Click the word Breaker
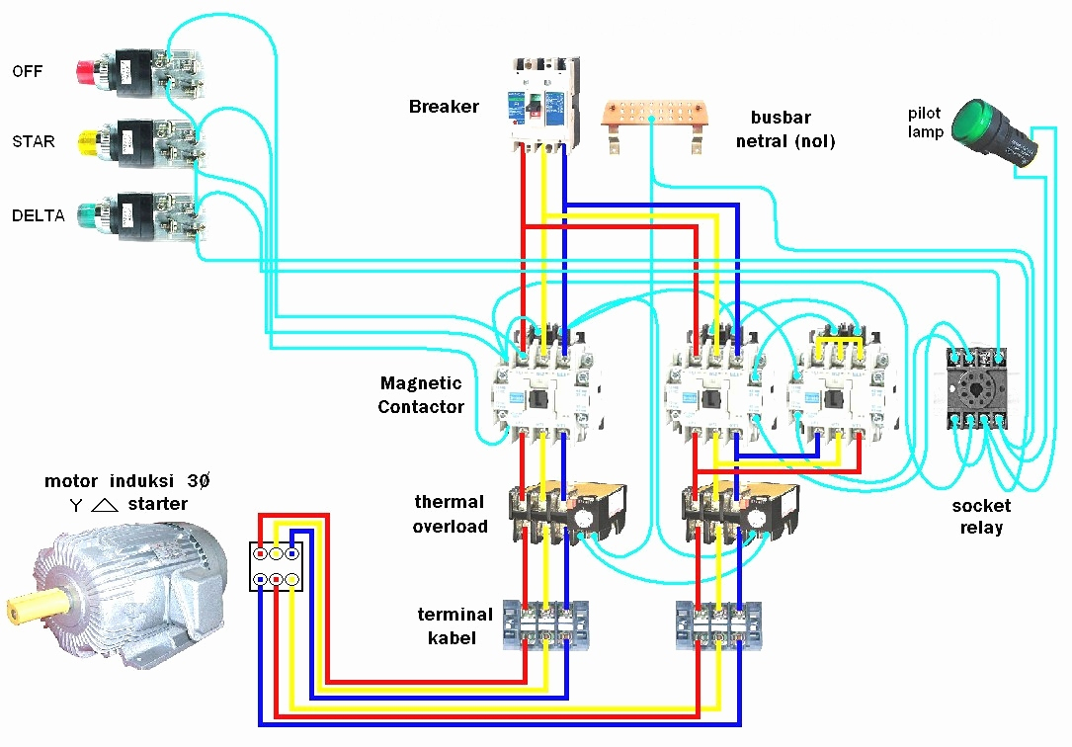pyautogui.click(x=444, y=107)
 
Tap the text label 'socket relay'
pyautogui.click(x=981, y=517)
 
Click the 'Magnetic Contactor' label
pyautogui.click(x=421, y=394)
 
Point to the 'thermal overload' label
pyautogui.click(x=450, y=514)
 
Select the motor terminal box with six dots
pyautogui.click(x=276, y=566)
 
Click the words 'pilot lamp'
pyautogui.click(x=926, y=124)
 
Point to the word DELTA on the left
pyautogui.click(x=39, y=215)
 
